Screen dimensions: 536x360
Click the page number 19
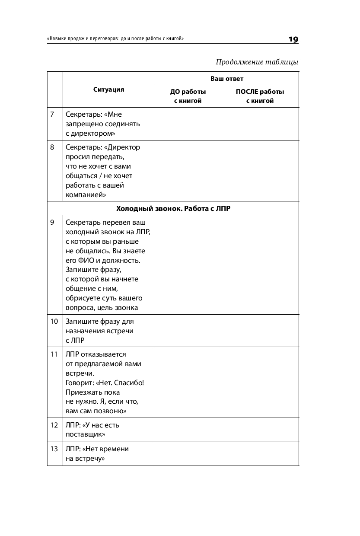pos(293,40)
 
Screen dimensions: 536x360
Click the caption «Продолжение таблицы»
pos(257,62)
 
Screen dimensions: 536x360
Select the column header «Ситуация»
pos(108,89)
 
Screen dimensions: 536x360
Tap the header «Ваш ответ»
pos(226,79)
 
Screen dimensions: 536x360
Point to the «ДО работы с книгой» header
pos(188,96)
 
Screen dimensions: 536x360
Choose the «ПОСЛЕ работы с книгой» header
pos(260,96)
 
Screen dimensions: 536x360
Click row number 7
pos(52,115)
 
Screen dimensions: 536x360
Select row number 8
pos(52,147)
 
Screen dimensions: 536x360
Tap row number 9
pos(52,223)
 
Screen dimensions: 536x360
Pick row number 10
pos(54,322)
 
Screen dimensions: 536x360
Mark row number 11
pos(54,354)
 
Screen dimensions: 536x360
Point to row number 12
pos(54,425)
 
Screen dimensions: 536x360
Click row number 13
pos(54,449)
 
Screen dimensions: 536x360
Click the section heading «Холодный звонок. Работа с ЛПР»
pos(173,208)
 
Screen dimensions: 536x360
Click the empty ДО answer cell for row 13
pos(188,453)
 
